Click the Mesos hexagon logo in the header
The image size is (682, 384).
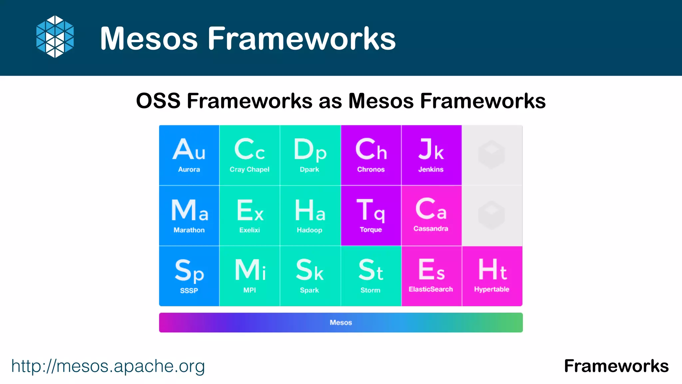55,37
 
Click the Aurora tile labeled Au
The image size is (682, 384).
189,155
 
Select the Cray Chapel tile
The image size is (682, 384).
249,155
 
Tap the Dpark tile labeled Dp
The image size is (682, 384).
310,155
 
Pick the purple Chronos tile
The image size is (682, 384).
371,155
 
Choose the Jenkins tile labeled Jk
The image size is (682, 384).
431,155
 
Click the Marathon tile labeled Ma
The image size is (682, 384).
189,216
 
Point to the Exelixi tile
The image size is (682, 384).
249,216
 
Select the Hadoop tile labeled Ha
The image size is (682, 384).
310,216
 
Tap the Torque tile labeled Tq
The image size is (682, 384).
371,216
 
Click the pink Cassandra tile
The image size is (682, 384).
431,216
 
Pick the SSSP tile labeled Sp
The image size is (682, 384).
189,276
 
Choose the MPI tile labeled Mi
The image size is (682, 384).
249,276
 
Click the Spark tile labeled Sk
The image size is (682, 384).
310,276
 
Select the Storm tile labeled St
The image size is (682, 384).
371,276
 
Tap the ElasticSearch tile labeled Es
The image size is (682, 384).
431,276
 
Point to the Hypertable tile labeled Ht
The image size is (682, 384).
492,276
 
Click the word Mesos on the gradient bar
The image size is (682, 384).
341,323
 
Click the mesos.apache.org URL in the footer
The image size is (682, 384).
108,366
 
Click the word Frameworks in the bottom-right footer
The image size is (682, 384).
616,366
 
